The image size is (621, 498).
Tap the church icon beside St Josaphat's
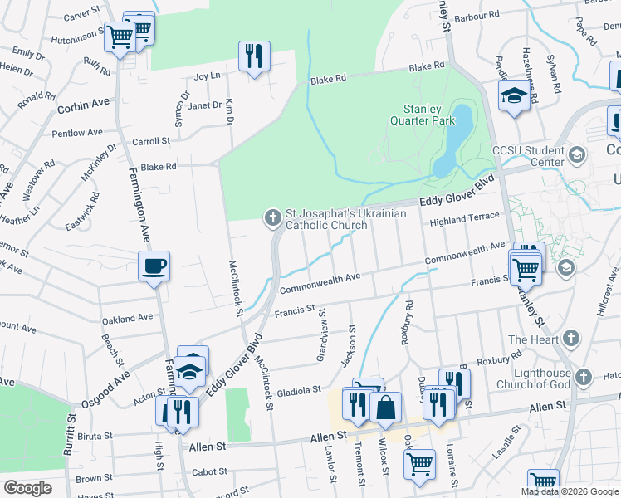point(271,218)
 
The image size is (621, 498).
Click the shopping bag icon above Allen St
point(386,408)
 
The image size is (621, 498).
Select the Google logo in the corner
point(27,487)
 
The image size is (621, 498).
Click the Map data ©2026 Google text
point(570,491)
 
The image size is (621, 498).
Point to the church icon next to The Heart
point(570,339)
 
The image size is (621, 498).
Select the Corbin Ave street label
point(83,105)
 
